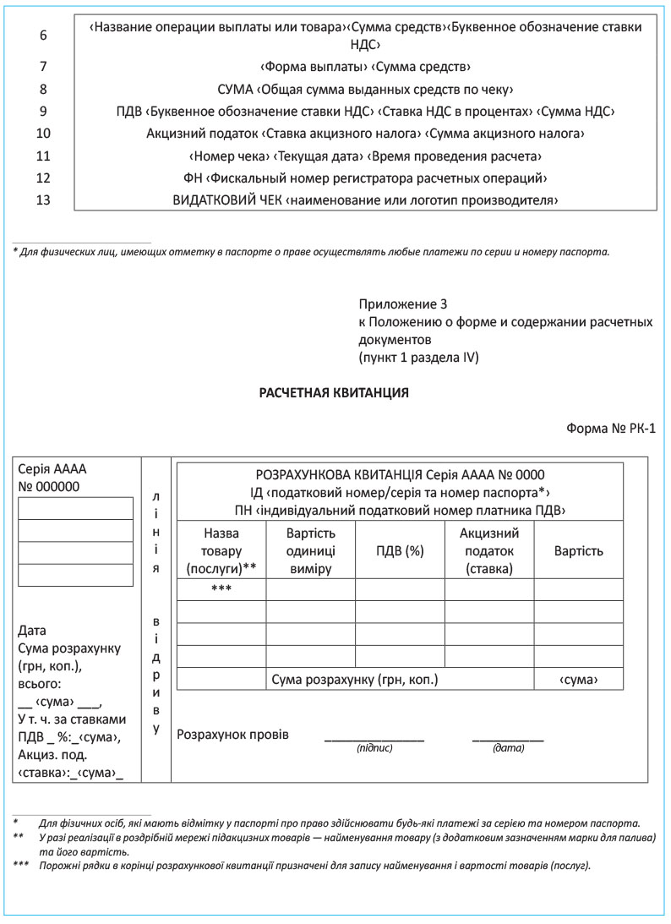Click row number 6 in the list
point(44,36)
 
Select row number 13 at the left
point(44,200)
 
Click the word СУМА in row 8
point(235,89)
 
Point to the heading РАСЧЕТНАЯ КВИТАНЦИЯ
point(334,392)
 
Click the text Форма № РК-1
point(611,429)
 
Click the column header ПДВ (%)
point(400,550)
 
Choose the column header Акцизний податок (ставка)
point(489,550)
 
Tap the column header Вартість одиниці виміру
point(311,550)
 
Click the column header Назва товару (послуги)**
point(221,550)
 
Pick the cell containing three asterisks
point(221,589)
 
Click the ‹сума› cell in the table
point(579,679)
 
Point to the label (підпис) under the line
point(374,748)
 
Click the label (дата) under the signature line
point(508,748)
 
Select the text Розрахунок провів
point(232,734)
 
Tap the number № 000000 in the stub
point(49,486)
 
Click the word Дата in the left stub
point(32,631)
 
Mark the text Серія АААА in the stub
point(52,469)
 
